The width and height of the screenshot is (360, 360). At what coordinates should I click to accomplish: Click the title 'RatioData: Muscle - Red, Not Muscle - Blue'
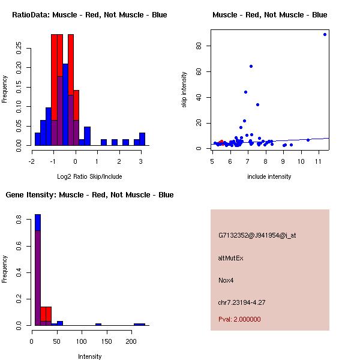click(90, 14)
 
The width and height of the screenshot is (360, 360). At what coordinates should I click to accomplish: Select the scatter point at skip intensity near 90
click(325, 34)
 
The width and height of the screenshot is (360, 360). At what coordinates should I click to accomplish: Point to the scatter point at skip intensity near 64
click(251, 66)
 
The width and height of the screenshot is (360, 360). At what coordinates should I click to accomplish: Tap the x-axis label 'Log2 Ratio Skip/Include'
click(90, 176)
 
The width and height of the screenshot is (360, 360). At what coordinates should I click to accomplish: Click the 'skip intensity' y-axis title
click(184, 90)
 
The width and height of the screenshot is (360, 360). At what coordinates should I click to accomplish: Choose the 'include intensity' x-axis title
click(270, 176)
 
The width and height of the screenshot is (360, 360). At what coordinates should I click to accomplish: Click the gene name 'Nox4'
click(226, 280)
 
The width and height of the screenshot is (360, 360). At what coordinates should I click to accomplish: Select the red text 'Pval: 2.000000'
click(239, 319)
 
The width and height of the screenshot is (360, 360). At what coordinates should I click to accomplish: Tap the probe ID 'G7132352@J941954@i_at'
click(257, 235)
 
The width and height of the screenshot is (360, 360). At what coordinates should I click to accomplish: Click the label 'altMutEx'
click(231, 258)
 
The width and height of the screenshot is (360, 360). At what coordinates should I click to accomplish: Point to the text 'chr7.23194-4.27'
click(242, 302)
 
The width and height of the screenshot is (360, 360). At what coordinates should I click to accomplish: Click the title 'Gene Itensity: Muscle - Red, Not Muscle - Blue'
click(90, 195)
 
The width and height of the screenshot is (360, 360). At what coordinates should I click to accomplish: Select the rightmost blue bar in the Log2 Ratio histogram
click(142, 139)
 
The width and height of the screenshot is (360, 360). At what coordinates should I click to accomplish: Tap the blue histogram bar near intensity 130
click(98, 324)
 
